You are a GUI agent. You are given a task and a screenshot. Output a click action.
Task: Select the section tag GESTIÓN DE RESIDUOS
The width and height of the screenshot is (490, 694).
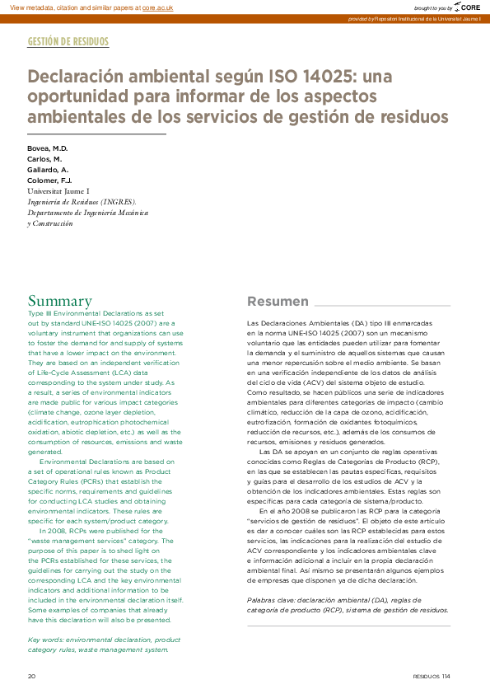click(x=68, y=41)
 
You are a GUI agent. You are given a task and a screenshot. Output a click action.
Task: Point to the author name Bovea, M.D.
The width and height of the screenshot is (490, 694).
click(x=48, y=148)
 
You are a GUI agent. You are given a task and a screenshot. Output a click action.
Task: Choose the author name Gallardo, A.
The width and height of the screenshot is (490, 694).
click(x=48, y=169)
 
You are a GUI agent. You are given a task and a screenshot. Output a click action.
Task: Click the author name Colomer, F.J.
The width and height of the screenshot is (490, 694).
click(x=50, y=180)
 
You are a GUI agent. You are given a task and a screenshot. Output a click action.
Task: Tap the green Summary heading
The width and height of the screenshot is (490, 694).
click(x=60, y=301)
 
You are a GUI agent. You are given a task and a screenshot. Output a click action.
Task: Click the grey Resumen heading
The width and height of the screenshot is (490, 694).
click(x=278, y=301)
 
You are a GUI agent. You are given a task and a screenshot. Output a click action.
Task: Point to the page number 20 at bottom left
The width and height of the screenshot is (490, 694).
click(x=32, y=676)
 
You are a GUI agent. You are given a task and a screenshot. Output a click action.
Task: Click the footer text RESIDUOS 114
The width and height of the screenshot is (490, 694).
click(x=432, y=676)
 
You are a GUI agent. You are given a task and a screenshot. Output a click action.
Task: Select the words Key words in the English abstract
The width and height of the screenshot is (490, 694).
click(x=46, y=640)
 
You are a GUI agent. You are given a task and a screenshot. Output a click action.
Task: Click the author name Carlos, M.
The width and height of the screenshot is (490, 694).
click(x=44, y=159)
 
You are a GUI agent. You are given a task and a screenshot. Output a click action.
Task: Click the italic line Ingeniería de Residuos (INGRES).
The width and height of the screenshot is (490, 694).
click(x=82, y=201)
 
